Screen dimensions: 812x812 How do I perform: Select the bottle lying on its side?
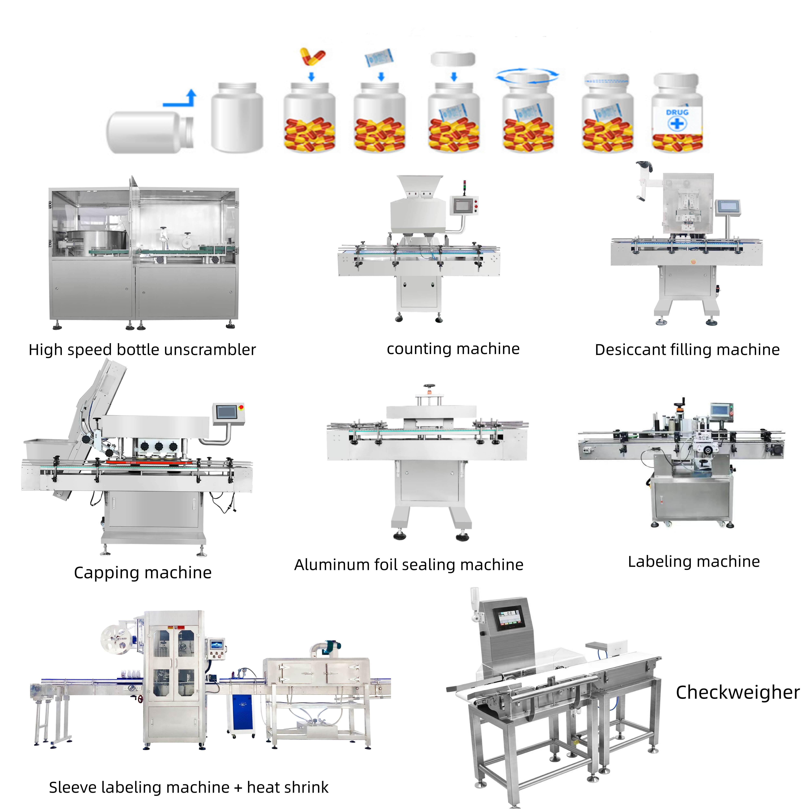pos(151,132)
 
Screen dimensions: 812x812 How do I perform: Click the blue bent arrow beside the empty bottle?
pos(181,99)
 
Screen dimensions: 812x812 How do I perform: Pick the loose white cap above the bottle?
pos(453,59)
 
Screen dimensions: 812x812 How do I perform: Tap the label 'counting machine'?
pos(453,349)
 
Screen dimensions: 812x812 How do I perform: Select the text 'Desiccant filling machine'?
pos(687,350)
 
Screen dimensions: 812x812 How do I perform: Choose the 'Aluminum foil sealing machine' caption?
pos(409,565)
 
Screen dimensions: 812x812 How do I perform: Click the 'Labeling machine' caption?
pos(694,562)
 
